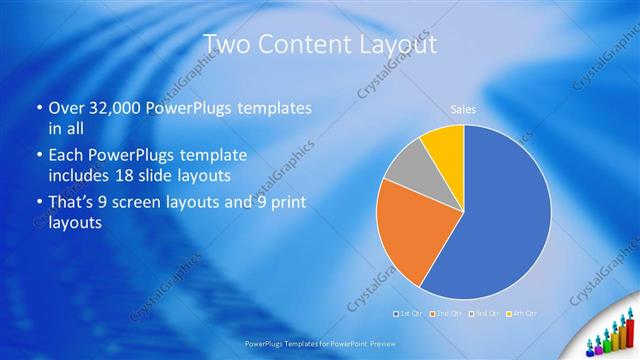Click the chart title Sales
[462, 111]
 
